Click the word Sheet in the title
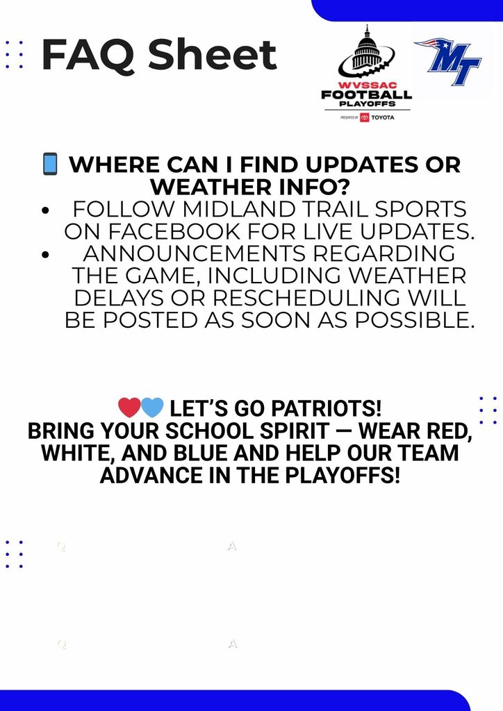pyautogui.click(x=213, y=56)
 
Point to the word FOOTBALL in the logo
pyautogui.click(x=366, y=94)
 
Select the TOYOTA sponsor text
pyautogui.click(x=382, y=117)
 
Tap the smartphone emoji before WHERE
pyautogui.click(x=50, y=165)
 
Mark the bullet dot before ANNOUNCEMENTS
pyautogui.click(x=46, y=255)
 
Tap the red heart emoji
pyautogui.click(x=129, y=407)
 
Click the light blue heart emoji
pyautogui.click(x=152, y=407)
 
